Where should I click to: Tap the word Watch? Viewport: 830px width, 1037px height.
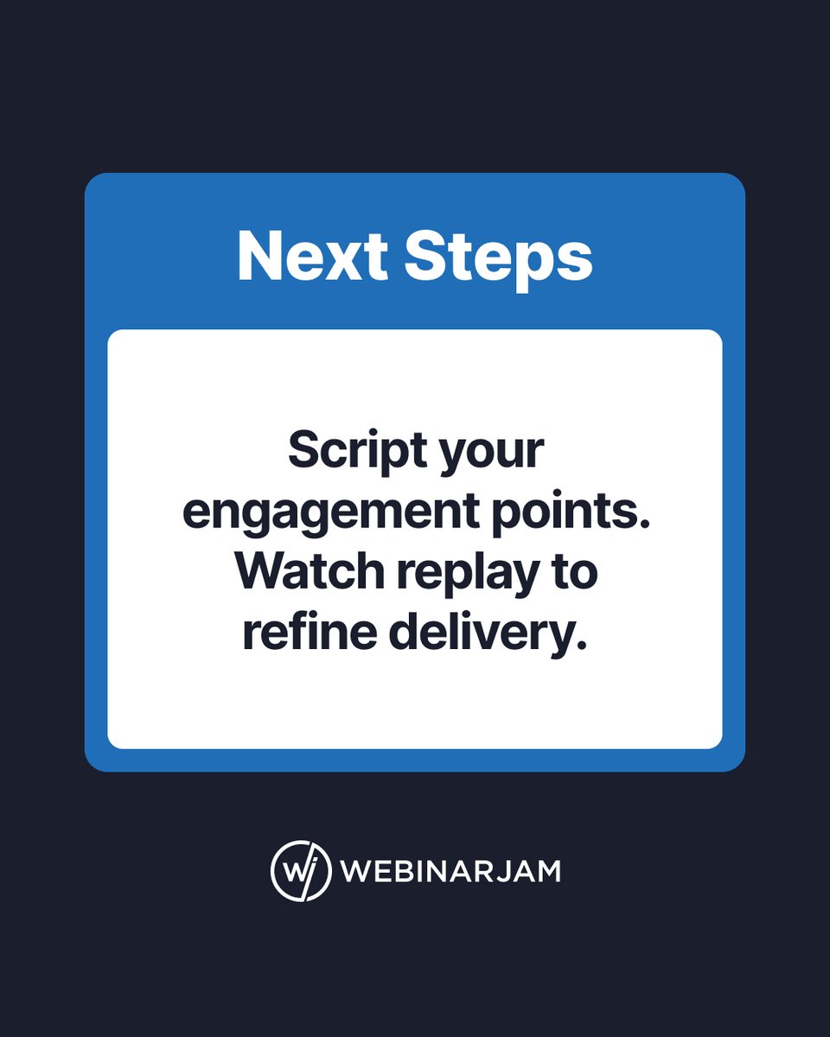coord(305,572)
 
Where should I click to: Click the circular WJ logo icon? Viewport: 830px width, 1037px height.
coord(301,870)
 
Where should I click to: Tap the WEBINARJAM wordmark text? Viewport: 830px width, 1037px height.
coord(450,871)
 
